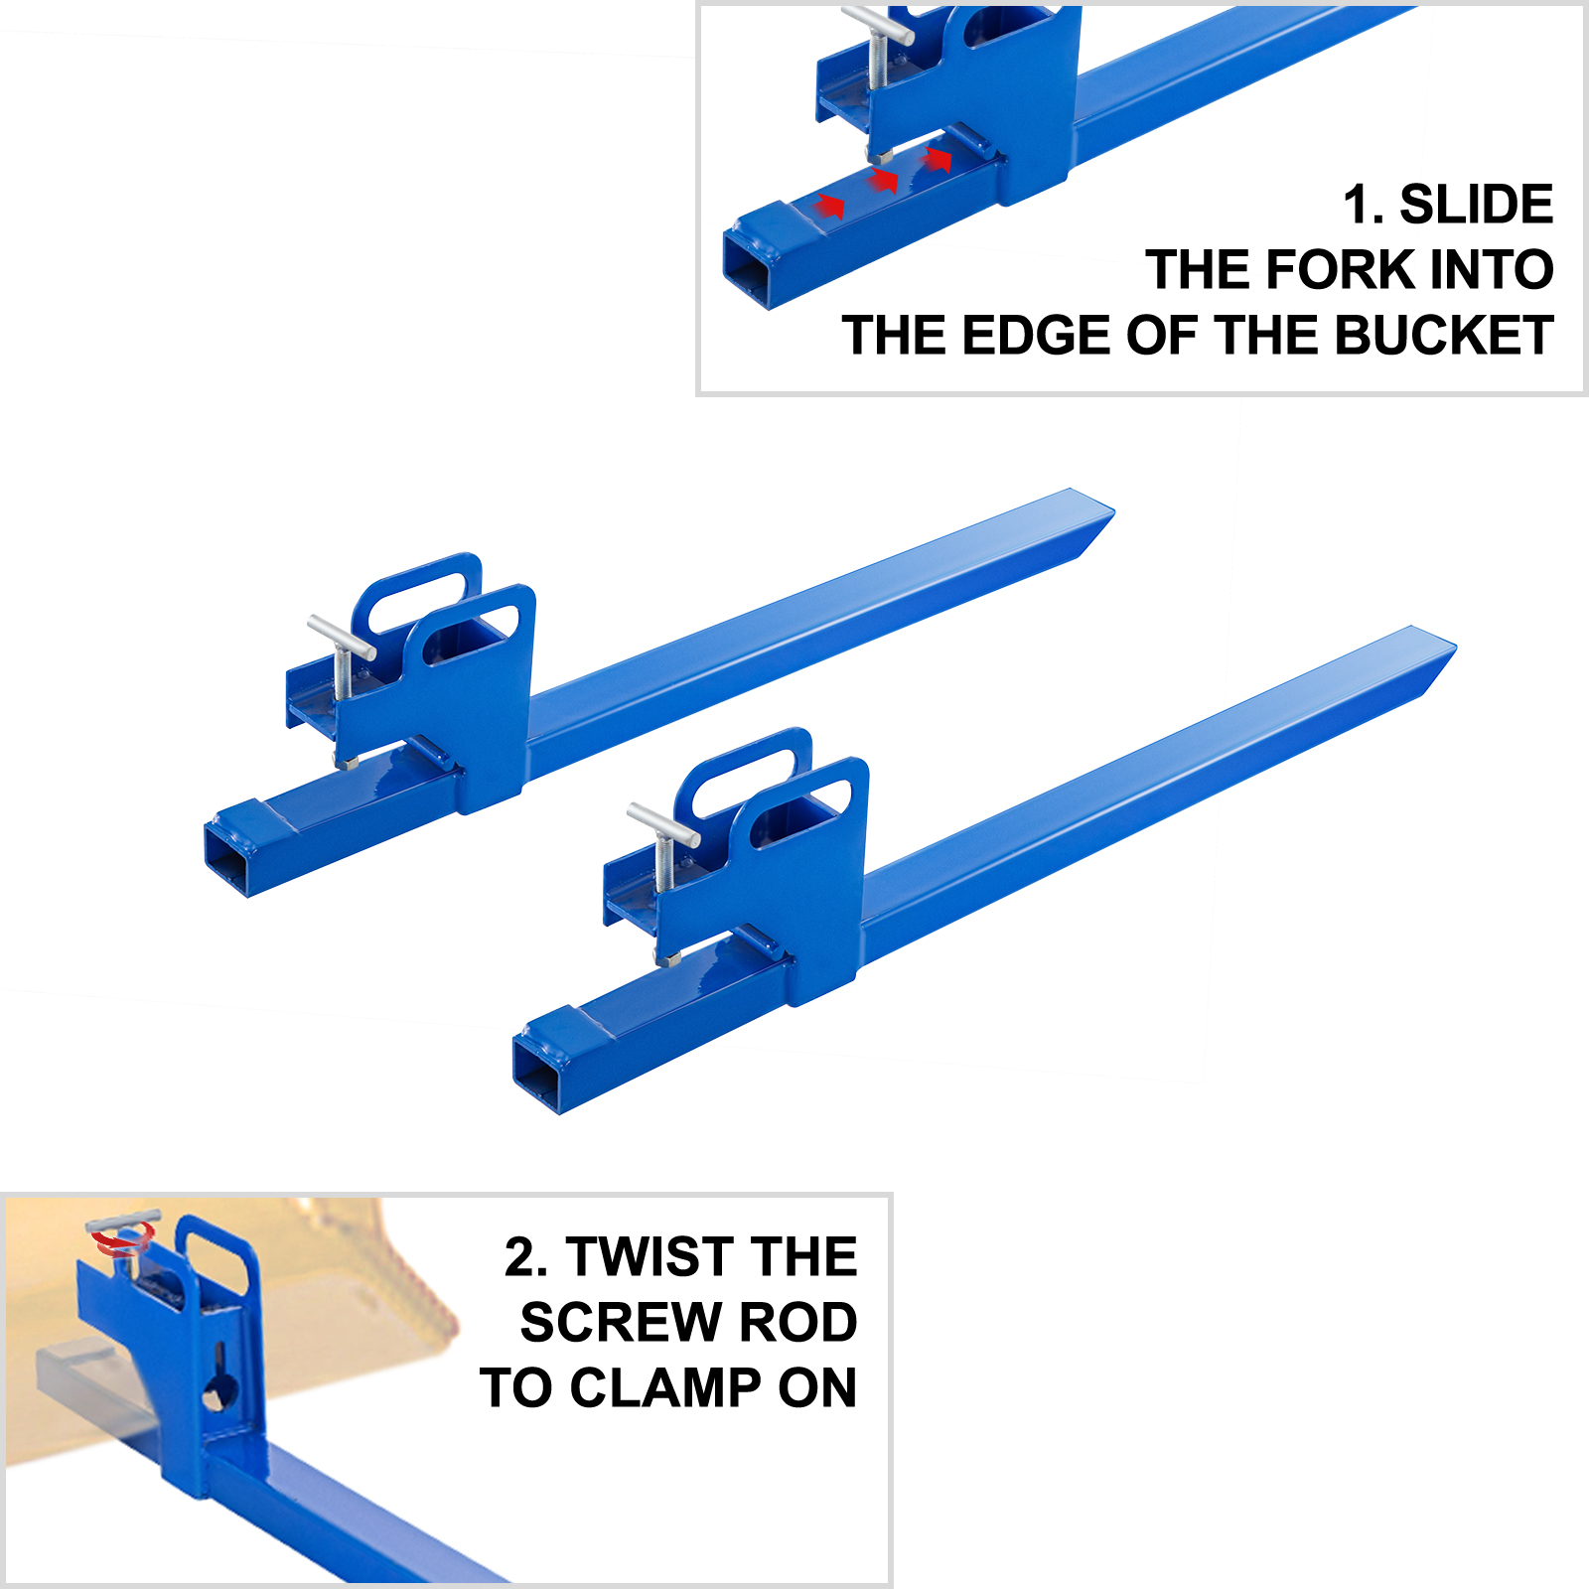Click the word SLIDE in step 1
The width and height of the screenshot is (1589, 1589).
click(1476, 205)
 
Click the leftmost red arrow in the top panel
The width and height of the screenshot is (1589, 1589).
click(829, 206)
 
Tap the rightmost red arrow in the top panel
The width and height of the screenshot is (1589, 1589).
click(937, 158)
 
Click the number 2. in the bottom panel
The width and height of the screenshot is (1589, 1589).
click(525, 1257)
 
